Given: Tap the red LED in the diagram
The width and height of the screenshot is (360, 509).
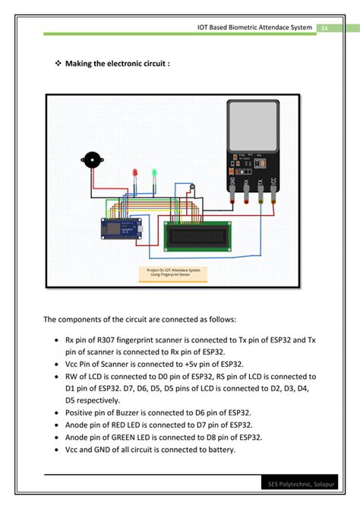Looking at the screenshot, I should click(x=135, y=173).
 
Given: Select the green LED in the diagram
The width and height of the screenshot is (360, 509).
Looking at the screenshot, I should click(x=153, y=173).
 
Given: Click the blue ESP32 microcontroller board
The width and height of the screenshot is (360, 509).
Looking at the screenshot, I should click(x=122, y=228).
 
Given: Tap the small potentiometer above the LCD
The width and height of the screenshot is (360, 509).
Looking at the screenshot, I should click(x=192, y=186).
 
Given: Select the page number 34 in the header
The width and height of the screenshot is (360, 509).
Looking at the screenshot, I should click(x=324, y=27).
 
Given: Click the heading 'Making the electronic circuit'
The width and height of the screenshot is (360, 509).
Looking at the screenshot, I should click(x=118, y=63).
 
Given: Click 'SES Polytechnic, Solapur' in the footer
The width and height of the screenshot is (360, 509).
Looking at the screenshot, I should click(x=302, y=483).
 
